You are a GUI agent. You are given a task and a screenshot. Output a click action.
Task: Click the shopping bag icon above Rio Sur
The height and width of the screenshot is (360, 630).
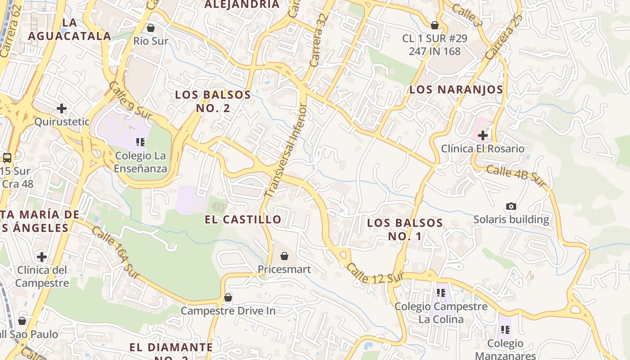pyautogui.click(x=151, y=28)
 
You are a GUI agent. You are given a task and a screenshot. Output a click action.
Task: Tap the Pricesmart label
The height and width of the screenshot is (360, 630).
pyautogui.click(x=284, y=269)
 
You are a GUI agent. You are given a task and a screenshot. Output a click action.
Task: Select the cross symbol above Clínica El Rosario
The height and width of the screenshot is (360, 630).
pyautogui.click(x=483, y=135)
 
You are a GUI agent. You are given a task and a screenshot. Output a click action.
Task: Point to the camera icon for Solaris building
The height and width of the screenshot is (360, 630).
pyautogui.click(x=511, y=206)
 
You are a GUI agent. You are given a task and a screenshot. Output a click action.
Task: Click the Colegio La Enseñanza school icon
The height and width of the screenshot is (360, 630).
pyautogui.click(x=140, y=142)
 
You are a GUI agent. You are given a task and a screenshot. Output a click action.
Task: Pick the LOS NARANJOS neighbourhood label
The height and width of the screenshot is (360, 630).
pyautogui.click(x=456, y=89)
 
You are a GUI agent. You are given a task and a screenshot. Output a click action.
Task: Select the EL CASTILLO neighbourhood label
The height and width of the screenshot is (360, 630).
pyautogui.click(x=243, y=220)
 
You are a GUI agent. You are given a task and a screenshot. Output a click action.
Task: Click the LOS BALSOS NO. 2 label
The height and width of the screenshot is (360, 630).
pyautogui.click(x=213, y=101)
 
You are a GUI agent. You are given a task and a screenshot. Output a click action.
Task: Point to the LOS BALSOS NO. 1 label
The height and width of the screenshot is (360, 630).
pyautogui.click(x=405, y=229)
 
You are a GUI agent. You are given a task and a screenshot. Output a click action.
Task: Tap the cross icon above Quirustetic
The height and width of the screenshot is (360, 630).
pyautogui.click(x=62, y=108)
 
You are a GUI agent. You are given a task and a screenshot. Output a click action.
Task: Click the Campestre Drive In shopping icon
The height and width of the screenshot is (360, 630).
pyautogui.click(x=228, y=297)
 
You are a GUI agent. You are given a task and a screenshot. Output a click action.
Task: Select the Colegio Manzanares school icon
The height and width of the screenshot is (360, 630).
pyautogui.click(x=505, y=330)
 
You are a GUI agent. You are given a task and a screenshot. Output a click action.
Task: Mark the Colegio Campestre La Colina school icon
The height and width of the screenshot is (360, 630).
pyautogui.click(x=441, y=293)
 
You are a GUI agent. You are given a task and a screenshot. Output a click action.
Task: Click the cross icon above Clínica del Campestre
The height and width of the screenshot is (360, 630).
pyautogui.click(x=42, y=257)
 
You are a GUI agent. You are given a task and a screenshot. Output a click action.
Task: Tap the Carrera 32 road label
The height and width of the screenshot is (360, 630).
pyautogui.click(x=317, y=40)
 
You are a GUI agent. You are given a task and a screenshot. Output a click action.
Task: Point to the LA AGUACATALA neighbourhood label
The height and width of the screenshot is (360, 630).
pyautogui.click(x=69, y=29)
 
